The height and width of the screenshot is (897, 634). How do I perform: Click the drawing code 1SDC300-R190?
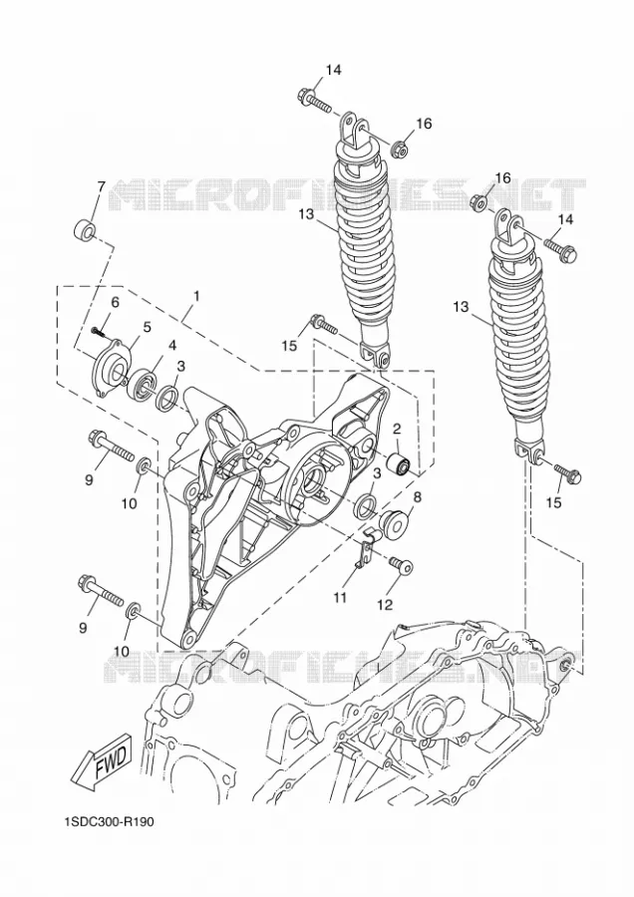[x=110, y=822]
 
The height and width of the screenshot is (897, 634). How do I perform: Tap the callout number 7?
[x=101, y=187]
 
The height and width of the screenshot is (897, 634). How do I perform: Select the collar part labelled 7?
[x=86, y=229]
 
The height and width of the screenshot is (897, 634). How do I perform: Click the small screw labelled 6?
[x=97, y=330]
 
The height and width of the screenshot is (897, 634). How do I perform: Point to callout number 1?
[x=195, y=296]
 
